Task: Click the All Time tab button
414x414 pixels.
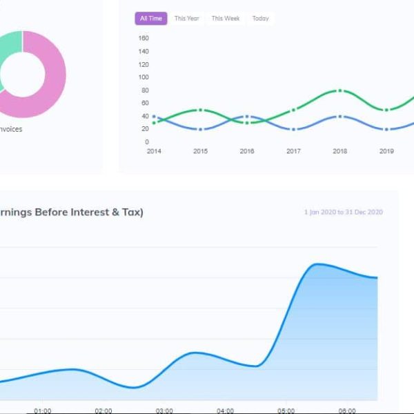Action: (150, 19)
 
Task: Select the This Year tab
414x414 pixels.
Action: (186, 19)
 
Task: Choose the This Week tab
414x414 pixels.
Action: (226, 19)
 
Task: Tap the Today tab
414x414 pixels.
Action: (260, 19)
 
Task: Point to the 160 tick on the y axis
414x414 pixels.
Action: (144, 39)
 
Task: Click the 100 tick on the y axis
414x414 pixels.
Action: (144, 77)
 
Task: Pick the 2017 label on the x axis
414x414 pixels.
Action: (293, 151)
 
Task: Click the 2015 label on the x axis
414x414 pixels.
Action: (200, 151)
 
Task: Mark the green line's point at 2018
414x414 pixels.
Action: (339, 91)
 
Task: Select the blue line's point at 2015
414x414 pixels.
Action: (200, 129)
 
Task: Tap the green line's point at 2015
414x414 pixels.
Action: (200, 110)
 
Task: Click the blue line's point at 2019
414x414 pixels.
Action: (386, 129)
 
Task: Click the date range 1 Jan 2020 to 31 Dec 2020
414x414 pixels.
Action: (343, 213)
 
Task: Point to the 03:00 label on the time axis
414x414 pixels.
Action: (164, 411)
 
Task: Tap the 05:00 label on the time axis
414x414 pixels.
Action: (286, 411)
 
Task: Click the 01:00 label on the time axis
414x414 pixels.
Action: (42, 411)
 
